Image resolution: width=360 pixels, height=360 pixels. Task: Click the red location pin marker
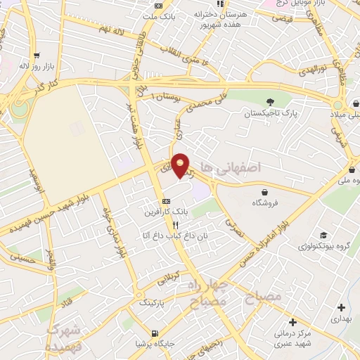(181, 166)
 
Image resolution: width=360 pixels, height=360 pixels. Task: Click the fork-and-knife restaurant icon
(175, 224)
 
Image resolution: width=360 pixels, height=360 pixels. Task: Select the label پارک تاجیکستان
(265, 112)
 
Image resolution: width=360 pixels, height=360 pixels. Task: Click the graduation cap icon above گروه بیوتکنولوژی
(323, 235)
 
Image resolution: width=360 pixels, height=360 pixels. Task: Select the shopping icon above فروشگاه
(264, 192)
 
